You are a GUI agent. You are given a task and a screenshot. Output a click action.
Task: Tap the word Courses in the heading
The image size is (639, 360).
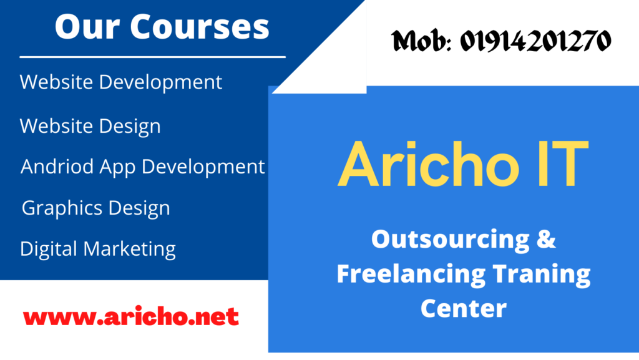click(200, 27)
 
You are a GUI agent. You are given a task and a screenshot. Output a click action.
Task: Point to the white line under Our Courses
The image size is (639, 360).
click(152, 57)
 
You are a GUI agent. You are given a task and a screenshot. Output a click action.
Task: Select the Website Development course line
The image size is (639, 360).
click(121, 82)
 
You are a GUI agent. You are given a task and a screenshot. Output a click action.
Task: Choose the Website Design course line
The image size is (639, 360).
click(90, 126)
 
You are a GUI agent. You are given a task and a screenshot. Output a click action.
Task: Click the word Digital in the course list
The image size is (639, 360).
click(48, 249)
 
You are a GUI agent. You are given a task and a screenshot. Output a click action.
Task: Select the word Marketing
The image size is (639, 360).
click(129, 249)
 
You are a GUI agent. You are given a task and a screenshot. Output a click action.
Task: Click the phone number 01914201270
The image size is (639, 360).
click(535, 41)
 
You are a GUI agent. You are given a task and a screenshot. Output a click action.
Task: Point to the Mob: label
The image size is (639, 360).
click(421, 41)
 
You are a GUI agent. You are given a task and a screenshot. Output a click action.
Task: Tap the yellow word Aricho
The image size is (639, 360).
click(429, 164)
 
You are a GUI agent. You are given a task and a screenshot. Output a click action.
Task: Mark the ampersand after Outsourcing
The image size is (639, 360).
click(546, 238)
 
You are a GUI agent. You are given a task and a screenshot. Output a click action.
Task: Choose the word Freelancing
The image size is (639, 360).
click(411, 274)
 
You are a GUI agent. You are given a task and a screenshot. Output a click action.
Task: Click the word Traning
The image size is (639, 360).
click(542, 274)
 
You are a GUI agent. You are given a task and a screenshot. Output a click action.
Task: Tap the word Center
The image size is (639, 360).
click(464, 309)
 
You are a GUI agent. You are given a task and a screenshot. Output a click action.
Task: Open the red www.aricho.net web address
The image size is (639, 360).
click(131, 317)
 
